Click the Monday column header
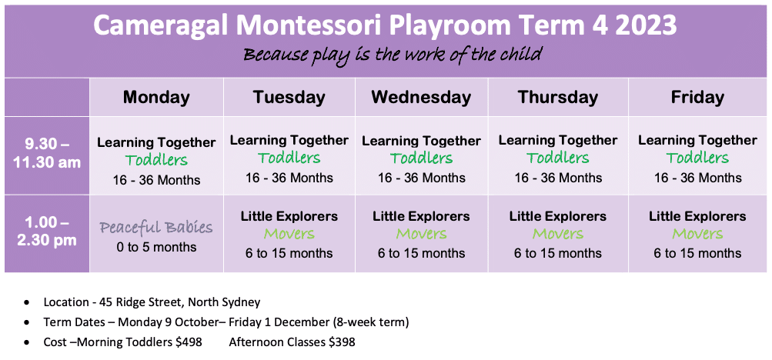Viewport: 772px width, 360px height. [x=156, y=98]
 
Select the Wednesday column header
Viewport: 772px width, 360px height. [x=421, y=98]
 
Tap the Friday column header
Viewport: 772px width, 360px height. [x=697, y=98]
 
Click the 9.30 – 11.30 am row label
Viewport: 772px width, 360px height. [x=47, y=153]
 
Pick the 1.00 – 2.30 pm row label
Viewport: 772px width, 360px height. [x=47, y=232]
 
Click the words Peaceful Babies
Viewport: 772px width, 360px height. [x=156, y=228]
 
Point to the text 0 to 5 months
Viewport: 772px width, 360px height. [x=156, y=247]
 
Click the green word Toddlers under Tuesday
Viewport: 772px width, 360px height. [x=289, y=158]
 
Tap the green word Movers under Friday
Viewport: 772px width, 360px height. [x=697, y=234]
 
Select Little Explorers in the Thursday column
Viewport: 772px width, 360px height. [x=558, y=216]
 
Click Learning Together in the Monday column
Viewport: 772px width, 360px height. [x=156, y=143]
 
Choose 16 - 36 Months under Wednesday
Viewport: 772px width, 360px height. [x=422, y=177]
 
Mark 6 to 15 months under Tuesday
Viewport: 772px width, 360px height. [x=289, y=253]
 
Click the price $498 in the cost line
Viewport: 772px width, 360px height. [x=189, y=342]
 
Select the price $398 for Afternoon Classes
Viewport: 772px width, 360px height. [x=341, y=342]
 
